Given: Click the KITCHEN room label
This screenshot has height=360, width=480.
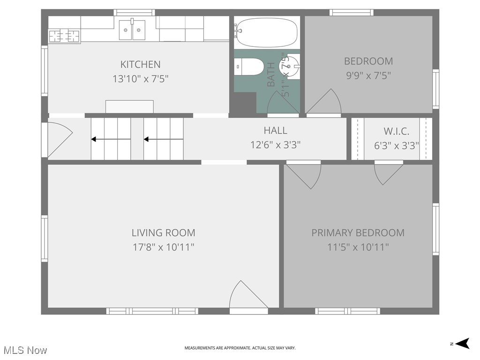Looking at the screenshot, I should click(x=140, y=64).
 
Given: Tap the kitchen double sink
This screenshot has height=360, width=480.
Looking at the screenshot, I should click(x=132, y=30).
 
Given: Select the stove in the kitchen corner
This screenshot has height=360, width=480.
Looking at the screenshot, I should click(x=64, y=36).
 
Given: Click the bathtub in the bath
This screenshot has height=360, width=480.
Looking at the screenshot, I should click(x=266, y=32).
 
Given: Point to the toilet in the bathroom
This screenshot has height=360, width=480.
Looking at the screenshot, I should click(x=249, y=67).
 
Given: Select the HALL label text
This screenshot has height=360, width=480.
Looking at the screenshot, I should click(x=275, y=130).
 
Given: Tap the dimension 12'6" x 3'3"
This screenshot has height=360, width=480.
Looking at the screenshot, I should click(x=275, y=145).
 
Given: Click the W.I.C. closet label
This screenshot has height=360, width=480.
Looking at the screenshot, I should click(x=396, y=131).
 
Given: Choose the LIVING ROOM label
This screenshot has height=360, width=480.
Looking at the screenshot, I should click(x=163, y=232).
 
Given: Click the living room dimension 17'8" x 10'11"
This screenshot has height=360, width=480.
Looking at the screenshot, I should click(x=163, y=247).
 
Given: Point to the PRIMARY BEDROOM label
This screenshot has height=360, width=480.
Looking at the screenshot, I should click(x=358, y=232).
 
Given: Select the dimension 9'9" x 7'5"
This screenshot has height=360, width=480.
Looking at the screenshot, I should click(x=368, y=75).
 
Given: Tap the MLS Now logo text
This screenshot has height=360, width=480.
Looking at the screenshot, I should click(x=25, y=350).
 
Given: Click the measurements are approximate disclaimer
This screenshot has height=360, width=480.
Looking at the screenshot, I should click(x=240, y=348).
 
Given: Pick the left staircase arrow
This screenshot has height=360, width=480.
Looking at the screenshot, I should click(x=111, y=139).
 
